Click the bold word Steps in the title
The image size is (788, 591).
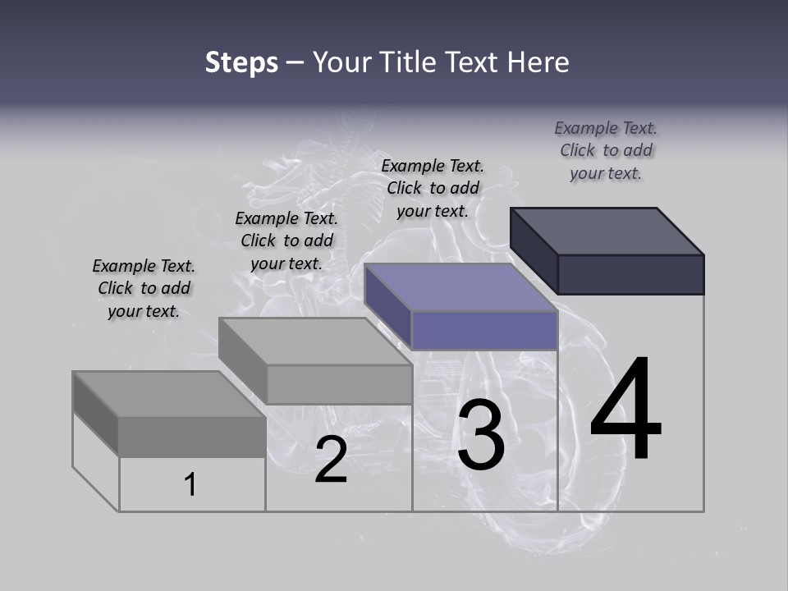pos(241,62)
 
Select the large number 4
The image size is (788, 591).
pos(625,410)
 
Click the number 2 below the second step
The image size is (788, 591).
pos(331,460)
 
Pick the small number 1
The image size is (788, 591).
pos(190,485)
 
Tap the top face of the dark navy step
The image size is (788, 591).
pos(607,231)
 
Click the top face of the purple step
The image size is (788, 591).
pos(461,287)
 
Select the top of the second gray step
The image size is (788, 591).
pos(315,341)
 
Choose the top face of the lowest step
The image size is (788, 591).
pos(169,394)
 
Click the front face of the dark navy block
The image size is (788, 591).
pos(630,274)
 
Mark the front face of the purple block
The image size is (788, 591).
pos(484,330)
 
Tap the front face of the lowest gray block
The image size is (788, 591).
pos(192,437)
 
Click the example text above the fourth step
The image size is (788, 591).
pos(606,151)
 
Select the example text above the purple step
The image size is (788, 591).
pos(433,188)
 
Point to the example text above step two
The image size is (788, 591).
pos(286,241)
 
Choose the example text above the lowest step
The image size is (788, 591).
pos(144,288)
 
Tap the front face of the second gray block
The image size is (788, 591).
pos(339,384)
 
